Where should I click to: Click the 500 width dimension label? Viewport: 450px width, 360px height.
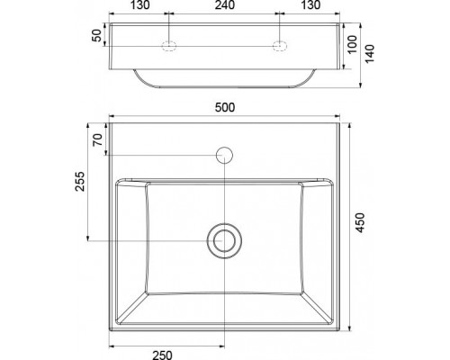point(225,107)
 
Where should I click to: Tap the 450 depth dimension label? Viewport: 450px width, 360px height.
point(360,222)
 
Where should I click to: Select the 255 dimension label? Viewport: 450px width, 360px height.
point(80,181)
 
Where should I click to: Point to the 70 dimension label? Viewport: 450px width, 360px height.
point(97,139)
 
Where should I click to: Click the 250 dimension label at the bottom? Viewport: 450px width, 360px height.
point(162,355)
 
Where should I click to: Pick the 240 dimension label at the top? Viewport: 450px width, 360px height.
point(225,4)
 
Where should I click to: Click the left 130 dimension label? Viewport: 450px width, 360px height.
point(139,4)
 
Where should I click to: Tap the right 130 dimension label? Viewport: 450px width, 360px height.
point(310,4)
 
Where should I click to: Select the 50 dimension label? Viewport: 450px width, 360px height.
point(97,35)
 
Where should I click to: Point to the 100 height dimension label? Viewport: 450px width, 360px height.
point(353,44)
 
